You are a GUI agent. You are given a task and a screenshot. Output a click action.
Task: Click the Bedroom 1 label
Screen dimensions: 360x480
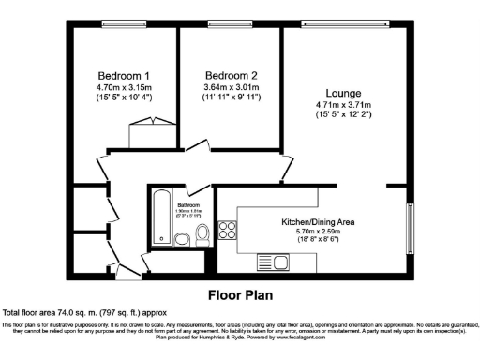coord(124,75)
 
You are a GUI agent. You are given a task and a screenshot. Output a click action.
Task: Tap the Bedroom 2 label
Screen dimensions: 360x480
coord(230,75)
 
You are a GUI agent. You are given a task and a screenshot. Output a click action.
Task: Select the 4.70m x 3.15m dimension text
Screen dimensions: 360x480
coord(124,88)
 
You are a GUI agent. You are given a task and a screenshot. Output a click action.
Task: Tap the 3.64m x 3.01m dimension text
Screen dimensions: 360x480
coord(230,88)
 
